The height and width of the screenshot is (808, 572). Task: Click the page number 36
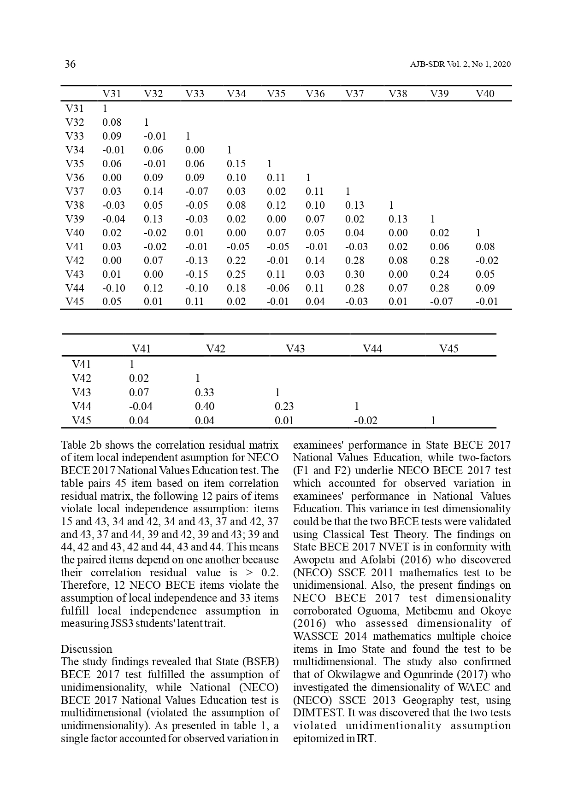click(70, 64)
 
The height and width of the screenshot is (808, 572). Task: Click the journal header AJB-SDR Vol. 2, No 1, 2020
click(460, 64)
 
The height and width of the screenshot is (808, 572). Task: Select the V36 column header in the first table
click(315, 94)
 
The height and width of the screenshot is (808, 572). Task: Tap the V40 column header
click(484, 94)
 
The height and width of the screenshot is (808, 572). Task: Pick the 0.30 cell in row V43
click(354, 275)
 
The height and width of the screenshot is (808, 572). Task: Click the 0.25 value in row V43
click(236, 275)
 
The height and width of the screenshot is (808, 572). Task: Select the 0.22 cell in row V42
click(236, 261)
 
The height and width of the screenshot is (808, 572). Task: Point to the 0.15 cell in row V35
click(236, 164)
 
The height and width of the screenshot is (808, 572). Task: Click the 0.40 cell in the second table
click(204, 407)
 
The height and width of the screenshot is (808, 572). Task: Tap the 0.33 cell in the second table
click(204, 393)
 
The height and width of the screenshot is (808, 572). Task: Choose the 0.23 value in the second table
click(284, 407)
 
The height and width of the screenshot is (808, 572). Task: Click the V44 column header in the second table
click(372, 349)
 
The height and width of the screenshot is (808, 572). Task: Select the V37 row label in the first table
click(75, 192)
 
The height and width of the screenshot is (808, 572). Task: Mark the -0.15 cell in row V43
click(196, 275)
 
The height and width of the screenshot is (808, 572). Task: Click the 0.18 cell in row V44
click(236, 288)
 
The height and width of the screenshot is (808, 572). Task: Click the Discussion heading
click(86, 649)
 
